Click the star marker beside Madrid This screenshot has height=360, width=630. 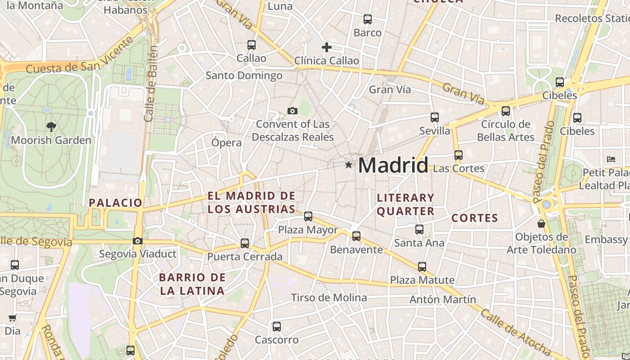pos(348,165)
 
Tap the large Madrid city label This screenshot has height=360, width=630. pos(393,165)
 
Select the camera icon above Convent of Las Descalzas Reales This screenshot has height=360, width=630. pos(292,111)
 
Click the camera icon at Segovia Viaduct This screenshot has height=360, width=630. pos(138,241)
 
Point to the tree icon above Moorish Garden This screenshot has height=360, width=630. pos(51,127)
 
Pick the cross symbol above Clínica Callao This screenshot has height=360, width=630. pos(327,47)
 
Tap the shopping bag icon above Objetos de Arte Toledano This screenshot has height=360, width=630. pos(541,223)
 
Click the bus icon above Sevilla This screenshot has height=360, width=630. pos(434,117)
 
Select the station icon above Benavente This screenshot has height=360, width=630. pos(356,236)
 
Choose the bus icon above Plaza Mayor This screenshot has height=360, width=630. pos(308,216)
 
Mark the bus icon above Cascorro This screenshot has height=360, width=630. pos(277,327)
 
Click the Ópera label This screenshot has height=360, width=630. pos(226,143)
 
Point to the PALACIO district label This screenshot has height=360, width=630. pos(116,202)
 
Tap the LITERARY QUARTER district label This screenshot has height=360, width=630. pos(405,204)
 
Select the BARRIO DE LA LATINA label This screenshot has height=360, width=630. pos(192,284)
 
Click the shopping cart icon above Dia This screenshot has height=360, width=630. pos(12,318)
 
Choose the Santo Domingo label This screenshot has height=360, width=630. pos(244,75)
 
